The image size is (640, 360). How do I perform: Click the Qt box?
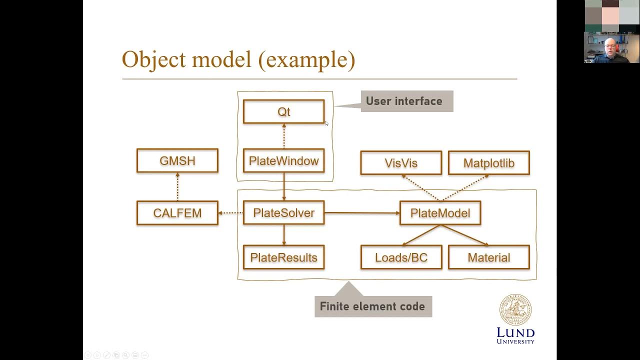[x=283, y=111]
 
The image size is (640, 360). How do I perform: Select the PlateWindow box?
[x=283, y=161]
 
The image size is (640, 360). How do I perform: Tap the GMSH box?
[x=177, y=161]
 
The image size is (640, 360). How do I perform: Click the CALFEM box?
[x=177, y=213]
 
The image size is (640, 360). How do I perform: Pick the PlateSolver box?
[x=283, y=213]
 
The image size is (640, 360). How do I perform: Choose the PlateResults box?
[x=283, y=257]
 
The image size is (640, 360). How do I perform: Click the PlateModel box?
[x=440, y=213]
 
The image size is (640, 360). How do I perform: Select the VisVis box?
[x=401, y=163]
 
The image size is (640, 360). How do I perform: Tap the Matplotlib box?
[x=488, y=163]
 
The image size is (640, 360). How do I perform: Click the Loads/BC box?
[x=401, y=257]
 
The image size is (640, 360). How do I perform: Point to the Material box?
[x=488, y=257]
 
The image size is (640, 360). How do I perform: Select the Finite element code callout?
[x=373, y=306]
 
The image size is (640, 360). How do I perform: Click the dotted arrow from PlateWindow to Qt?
[x=284, y=136]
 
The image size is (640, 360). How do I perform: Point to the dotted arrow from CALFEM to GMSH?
[x=177, y=186]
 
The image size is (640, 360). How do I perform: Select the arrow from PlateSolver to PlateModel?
[x=362, y=213]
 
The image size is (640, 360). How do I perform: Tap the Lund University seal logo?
[x=515, y=310]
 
